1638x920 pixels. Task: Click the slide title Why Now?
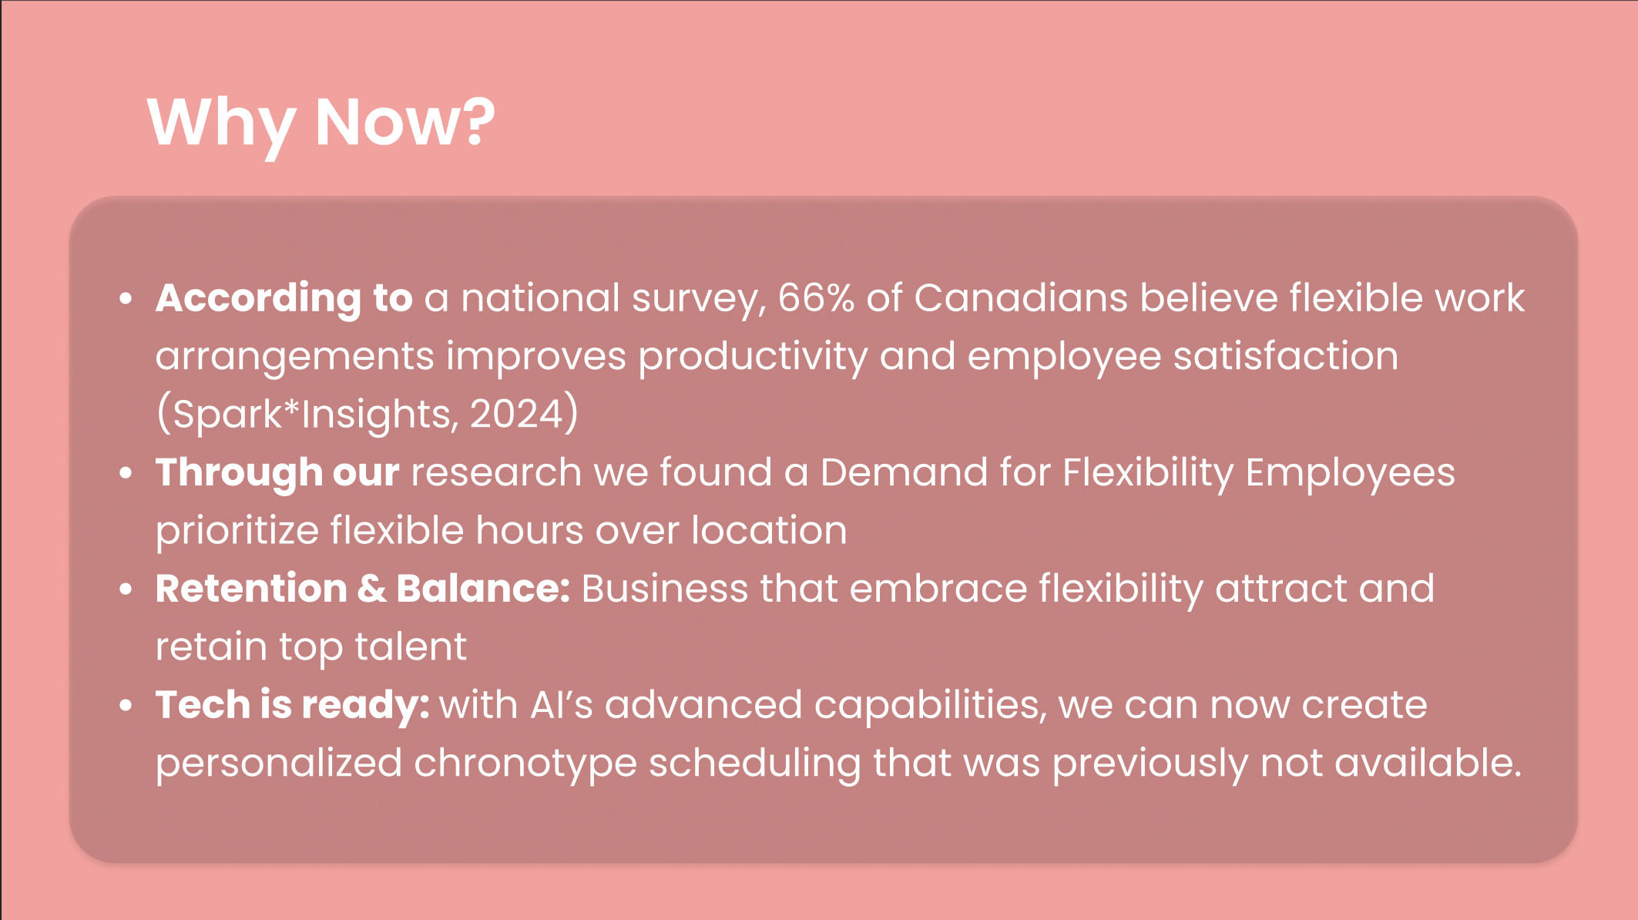pyautogui.click(x=321, y=123)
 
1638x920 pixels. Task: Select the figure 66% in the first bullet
pyautogui.click(x=816, y=298)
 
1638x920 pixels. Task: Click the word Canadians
pyautogui.click(x=1021, y=297)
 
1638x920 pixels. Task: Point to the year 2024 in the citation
pyautogui.click(x=517, y=414)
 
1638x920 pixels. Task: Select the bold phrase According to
pyautogui.click(x=284, y=299)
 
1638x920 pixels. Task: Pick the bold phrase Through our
pyautogui.click(x=277, y=473)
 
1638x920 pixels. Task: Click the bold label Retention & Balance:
pyautogui.click(x=363, y=589)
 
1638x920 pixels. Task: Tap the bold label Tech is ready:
pyautogui.click(x=293, y=706)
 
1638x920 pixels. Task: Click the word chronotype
pyautogui.click(x=525, y=764)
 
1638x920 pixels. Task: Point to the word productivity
pyautogui.click(x=753, y=357)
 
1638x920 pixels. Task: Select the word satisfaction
pyautogui.click(x=1286, y=356)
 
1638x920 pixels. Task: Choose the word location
pyautogui.click(x=769, y=530)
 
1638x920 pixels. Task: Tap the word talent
pyautogui.click(x=410, y=646)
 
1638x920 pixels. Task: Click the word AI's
pyautogui.click(x=562, y=705)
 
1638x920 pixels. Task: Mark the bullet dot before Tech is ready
pyautogui.click(x=126, y=706)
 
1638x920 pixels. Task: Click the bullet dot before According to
pyautogui.click(x=126, y=299)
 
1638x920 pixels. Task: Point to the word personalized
pyautogui.click(x=279, y=764)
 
